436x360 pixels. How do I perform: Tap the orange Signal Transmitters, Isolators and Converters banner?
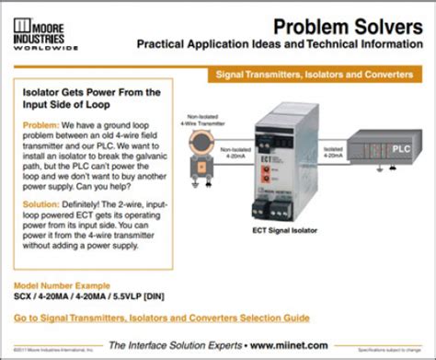coord(319,72)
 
